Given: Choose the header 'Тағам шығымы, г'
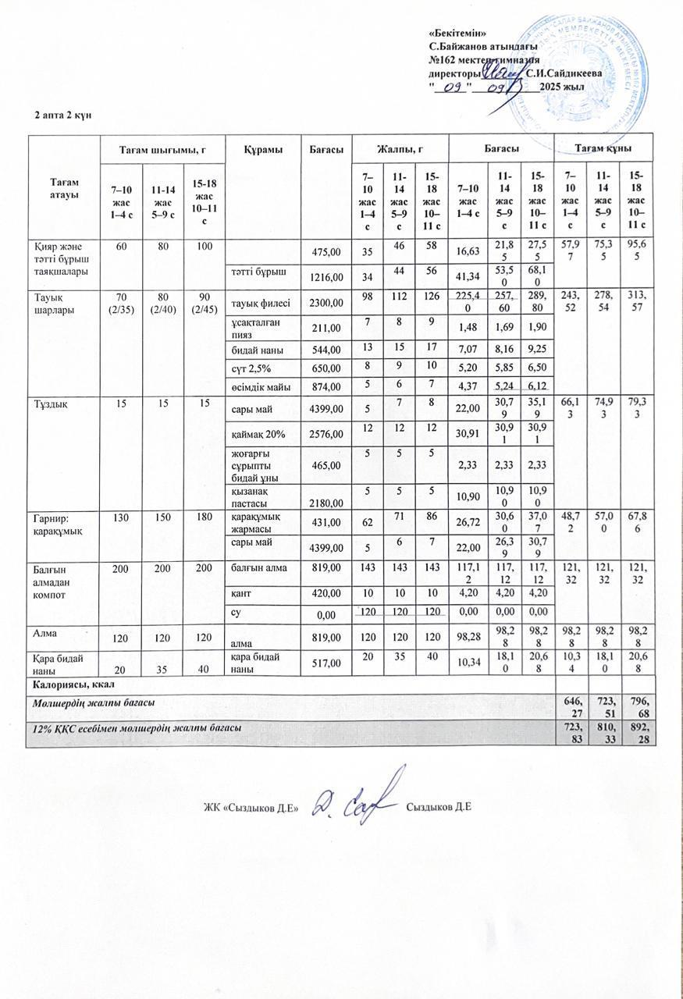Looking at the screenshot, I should point(162,148).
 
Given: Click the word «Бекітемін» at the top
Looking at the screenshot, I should point(458,32).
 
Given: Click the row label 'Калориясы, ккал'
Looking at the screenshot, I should point(74,682).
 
